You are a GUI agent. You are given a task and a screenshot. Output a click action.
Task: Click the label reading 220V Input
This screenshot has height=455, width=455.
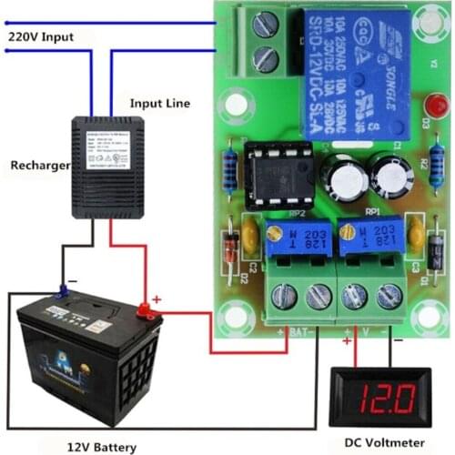pos(40,36)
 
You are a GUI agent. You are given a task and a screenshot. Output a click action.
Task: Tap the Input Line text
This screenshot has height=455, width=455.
pos(159,104)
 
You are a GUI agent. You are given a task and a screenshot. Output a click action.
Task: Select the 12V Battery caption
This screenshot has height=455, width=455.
pos(102,447)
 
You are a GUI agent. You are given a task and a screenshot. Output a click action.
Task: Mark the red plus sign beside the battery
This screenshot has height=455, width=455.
pos(157,298)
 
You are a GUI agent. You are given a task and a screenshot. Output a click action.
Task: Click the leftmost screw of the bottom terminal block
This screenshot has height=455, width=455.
pos(284,294)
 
